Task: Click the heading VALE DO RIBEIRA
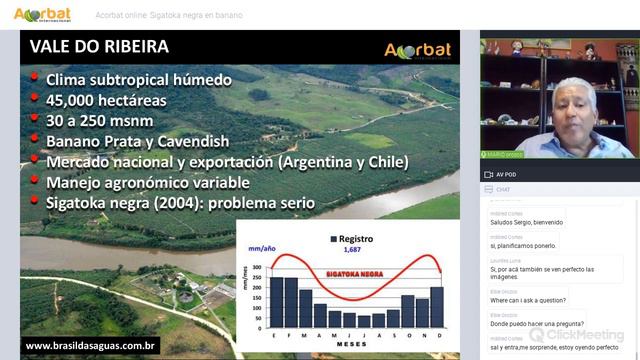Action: click(99, 47)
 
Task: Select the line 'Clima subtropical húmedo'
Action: click(138, 79)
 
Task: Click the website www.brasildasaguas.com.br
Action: click(91, 346)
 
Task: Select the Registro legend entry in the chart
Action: click(355, 239)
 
